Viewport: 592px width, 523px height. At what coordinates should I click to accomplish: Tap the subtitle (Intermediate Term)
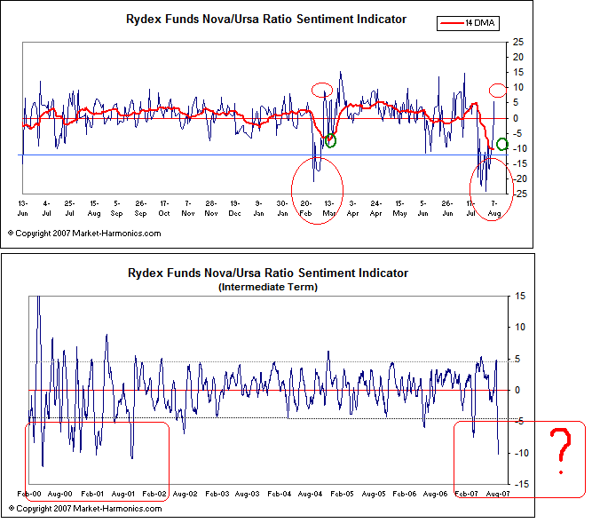tap(267, 287)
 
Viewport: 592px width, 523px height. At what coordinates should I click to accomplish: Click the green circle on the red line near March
tap(330, 141)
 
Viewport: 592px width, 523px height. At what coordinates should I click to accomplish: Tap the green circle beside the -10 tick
tap(503, 145)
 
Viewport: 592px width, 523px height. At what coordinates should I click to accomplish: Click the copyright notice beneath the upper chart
tap(85, 233)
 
